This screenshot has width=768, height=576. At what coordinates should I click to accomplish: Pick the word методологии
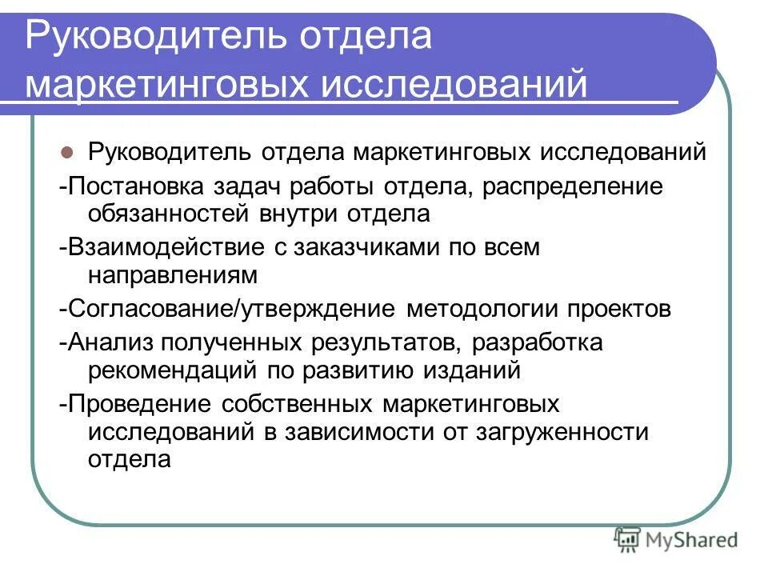(484, 310)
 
